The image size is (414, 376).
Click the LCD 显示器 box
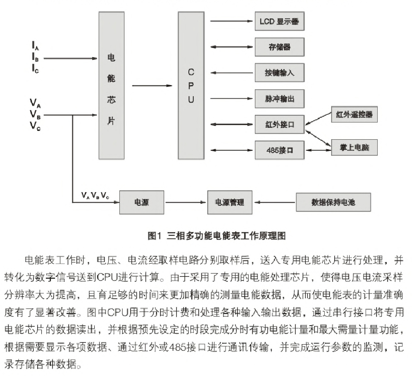[x=280, y=21]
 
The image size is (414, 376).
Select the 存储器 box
[x=280, y=47]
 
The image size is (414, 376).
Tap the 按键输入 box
[x=280, y=73]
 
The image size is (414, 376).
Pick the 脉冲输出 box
[x=280, y=99]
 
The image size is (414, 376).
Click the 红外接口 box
[x=280, y=124]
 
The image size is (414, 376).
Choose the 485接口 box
[x=280, y=150]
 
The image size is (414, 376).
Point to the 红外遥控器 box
[x=355, y=114]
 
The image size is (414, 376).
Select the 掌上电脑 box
[x=355, y=148]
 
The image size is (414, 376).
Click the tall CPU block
[x=191, y=85]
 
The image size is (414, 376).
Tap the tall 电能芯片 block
[x=112, y=85]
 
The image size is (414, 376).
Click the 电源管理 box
[x=230, y=202]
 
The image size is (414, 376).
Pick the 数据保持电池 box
[x=333, y=202]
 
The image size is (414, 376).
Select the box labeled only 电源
[x=142, y=202]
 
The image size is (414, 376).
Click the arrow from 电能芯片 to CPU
[x=152, y=86]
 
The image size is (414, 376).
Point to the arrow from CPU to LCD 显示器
[x=231, y=21]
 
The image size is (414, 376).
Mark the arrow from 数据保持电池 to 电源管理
[x=275, y=202]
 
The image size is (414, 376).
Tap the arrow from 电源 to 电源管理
[x=186, y=202]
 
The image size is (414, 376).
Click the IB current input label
[x=36, y=57]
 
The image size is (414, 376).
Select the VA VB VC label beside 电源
[x=95, y=196]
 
